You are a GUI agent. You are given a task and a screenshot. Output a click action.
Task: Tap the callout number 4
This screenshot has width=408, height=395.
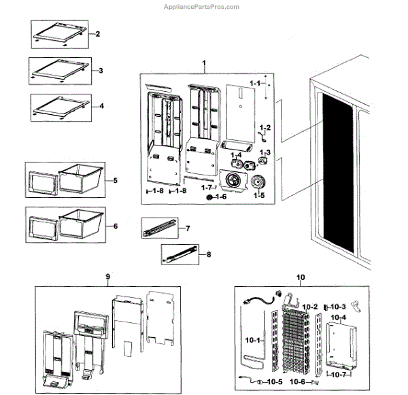click(x=101, y=107)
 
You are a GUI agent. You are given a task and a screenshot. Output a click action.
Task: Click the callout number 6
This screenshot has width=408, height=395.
click(x=116, y=226)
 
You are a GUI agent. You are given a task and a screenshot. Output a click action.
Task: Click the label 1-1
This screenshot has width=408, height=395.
click(x=255, y=83)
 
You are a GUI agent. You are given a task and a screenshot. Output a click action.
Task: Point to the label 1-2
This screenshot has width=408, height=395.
click(x=265, y=128)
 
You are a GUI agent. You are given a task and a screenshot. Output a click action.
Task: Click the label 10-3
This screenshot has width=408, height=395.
click(x=338, y=307)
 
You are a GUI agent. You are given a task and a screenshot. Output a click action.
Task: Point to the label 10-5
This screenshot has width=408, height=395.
click(x=273, y=382)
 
